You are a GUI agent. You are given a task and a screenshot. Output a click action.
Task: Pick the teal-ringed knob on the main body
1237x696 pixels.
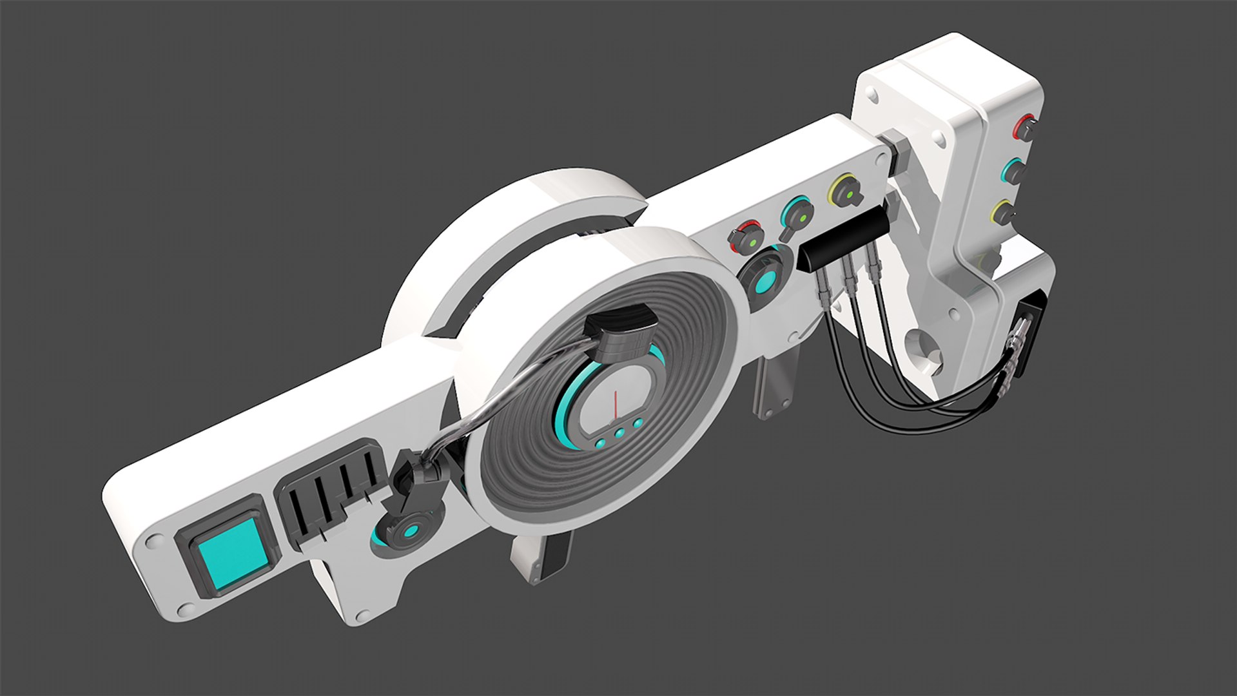[x=796, y=215]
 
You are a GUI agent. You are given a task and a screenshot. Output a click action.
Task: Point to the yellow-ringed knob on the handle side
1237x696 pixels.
[x=1003, y=213]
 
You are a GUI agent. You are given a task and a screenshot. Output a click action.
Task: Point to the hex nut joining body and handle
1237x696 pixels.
[x=896, y=148]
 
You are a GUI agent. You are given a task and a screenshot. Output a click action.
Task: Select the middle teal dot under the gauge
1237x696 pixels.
[x=619, y=433]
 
